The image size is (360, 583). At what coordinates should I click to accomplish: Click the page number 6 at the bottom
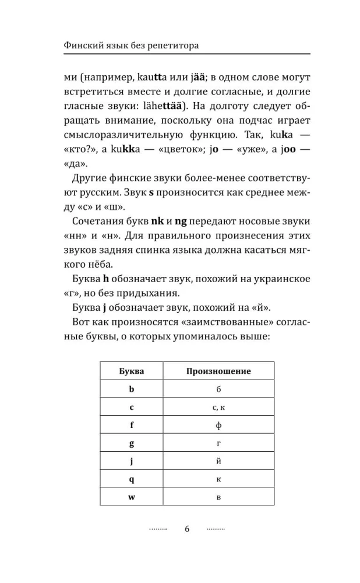(186, 529)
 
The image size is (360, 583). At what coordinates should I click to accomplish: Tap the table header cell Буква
(132, 371)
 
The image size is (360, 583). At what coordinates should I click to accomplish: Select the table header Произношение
(218, 371)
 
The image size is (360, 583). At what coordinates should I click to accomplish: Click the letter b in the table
(132, 389)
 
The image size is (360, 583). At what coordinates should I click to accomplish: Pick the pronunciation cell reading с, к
(218, 407)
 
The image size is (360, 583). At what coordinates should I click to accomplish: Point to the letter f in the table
(132, 425)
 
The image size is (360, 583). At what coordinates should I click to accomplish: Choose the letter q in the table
(132, 479)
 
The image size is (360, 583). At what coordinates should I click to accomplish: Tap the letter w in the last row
(132, 497)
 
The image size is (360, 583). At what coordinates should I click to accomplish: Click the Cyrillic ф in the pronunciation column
(218, 425)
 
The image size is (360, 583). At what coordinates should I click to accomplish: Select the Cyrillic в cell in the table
(218, 497)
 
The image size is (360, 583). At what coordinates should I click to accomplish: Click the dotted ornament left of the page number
(158, 529)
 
